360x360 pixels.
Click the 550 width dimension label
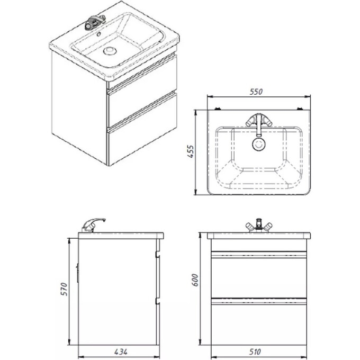click(256, 92)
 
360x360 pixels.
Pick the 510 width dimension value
click(258, 352)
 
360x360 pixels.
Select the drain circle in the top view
click(258, 143)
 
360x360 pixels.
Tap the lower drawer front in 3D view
click(142, 140)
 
